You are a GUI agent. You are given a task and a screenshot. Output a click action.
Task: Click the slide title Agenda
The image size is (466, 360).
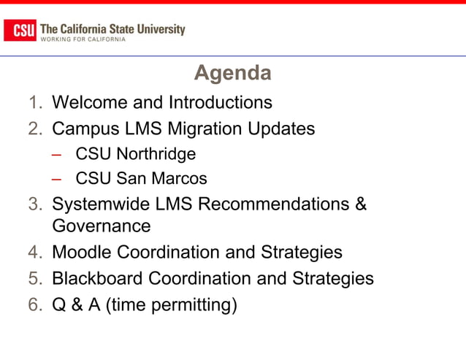tap(232, 73)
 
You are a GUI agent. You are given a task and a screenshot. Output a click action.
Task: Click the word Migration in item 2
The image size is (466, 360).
tap(203, 129)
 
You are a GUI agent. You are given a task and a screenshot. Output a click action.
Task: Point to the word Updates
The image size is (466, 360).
tap(281, 129)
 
